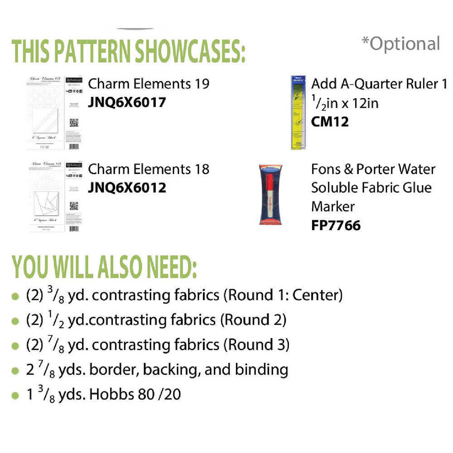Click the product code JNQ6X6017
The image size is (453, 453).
coord(127,102)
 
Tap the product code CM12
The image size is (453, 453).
coord(330,122)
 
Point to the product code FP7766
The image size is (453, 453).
coord(336,225)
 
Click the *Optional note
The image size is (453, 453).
coord(400,43)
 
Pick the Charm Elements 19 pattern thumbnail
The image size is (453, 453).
coord(53,113)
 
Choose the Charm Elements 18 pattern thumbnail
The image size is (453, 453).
coord(53,198)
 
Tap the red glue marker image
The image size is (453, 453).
coord(270,195)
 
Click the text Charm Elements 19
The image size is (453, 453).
coord(149,84)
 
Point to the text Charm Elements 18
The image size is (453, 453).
coord(149,169)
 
